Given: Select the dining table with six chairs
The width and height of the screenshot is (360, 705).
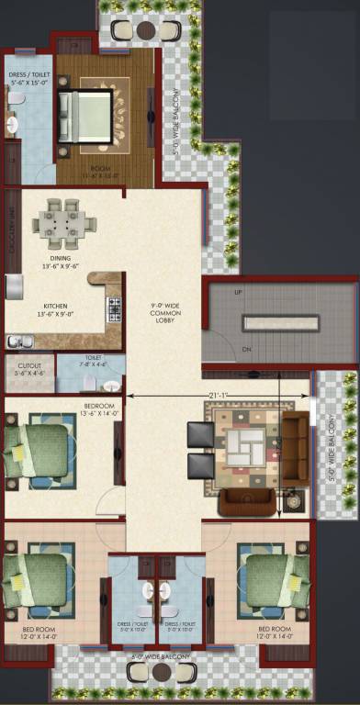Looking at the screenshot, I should pyautogui.click(x=62, y=222).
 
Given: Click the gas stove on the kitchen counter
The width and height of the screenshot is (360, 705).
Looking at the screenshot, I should pyautogui.click(x=115, y=309).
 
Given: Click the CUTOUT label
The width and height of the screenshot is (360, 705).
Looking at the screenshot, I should pyautogui.click(x=28, y=369).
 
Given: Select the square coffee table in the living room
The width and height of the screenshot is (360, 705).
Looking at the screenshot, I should pyautogui.click(x=245, y=449).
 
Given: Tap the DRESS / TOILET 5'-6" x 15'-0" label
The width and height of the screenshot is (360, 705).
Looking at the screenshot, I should pyautogui.click(x=28, y=78).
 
